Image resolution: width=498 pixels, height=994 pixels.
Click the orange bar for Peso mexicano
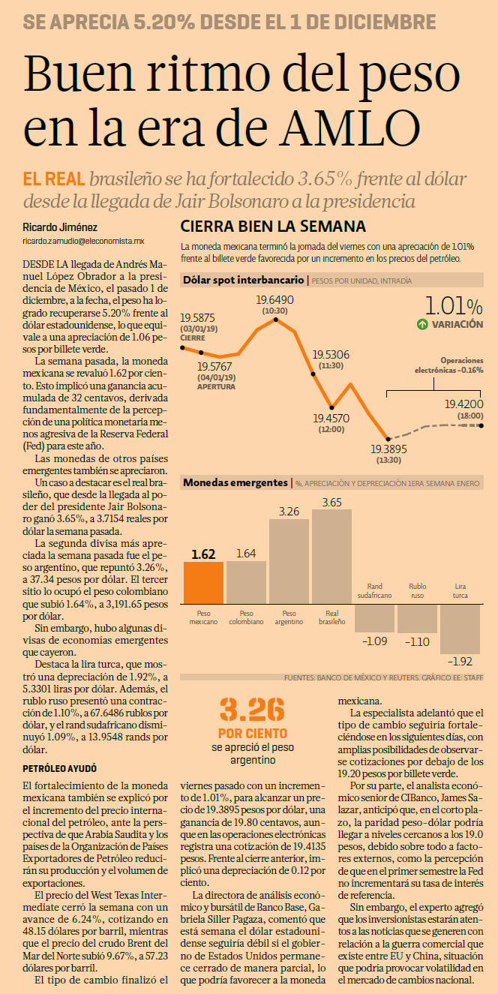coord(203,583)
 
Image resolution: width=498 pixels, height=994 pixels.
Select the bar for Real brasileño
coord(331,557)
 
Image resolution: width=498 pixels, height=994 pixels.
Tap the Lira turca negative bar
coord(460,629)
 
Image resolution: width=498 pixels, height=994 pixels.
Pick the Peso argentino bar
coord(289,561)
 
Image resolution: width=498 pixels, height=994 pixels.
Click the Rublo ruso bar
coord(417,619)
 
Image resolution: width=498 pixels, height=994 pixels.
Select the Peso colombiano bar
coord(246,582)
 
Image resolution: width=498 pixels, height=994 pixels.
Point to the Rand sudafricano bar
coord(374,618)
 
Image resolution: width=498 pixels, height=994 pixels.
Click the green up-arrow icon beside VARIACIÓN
coord(422,324)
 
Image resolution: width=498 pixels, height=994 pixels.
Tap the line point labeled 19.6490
coord(276,319)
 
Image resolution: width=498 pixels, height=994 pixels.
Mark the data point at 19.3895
coord(388,439)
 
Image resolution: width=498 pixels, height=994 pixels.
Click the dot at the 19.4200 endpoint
coord(481,425)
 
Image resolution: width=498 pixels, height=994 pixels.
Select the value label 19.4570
coord(331,419)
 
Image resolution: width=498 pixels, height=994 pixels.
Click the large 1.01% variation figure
coord(454,306)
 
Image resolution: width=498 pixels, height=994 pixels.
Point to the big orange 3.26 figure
coord(252,709)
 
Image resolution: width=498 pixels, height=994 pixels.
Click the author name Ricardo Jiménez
coord(60,227)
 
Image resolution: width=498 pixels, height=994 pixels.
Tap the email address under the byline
coord(83,241)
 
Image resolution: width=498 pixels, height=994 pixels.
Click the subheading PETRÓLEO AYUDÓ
coord(59,769)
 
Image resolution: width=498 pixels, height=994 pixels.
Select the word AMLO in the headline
coord(350,128)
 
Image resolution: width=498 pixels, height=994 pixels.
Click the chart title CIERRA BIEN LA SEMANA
coord(273,227)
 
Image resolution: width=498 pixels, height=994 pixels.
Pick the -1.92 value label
coord(460,661)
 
